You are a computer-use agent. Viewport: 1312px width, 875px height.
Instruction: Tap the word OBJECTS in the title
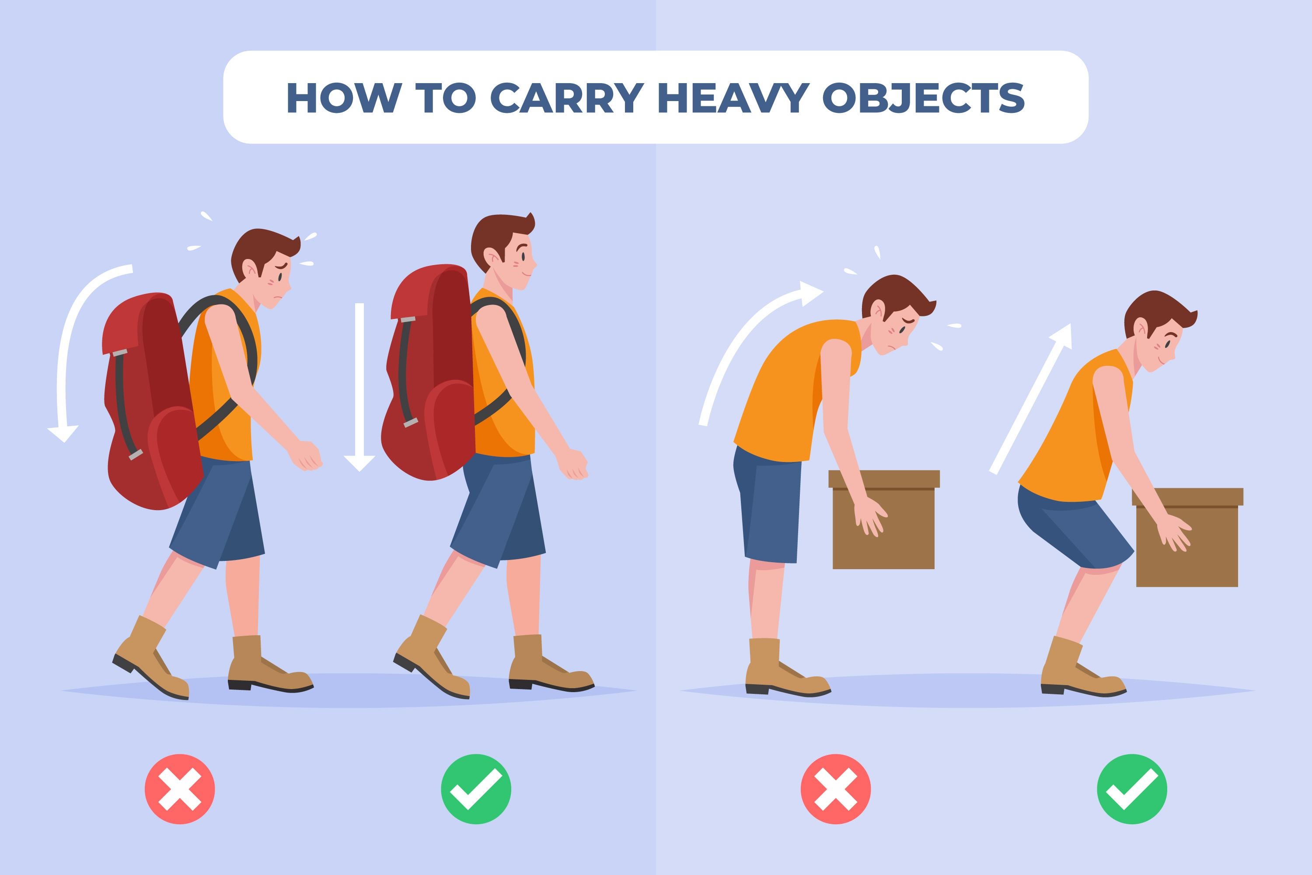(923, 98)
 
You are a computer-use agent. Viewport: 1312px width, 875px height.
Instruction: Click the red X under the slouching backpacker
(180, 789)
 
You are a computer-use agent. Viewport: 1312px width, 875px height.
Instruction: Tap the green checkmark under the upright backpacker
(476, 789)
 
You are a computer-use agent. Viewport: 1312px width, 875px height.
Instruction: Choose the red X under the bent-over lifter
(836, 789)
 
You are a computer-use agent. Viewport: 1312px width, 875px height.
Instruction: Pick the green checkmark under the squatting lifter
(1132, 789)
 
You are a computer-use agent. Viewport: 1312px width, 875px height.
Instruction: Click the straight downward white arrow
(359, 387)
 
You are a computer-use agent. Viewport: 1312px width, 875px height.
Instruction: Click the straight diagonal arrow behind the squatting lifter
(1031, 399)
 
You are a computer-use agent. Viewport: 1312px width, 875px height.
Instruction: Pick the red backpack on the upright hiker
(429, 373)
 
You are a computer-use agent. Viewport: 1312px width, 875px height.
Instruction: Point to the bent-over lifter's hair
(895, 296)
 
